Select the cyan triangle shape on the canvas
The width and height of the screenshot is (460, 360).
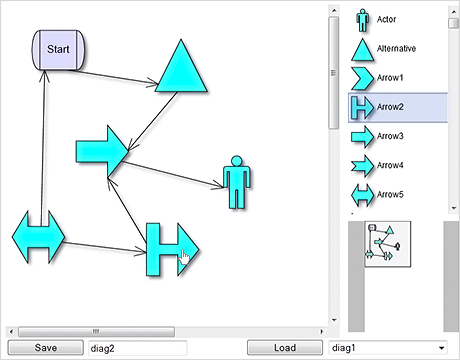click(x=182, y=72)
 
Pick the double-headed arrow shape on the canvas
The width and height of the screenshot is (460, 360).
click(x=38, y=238)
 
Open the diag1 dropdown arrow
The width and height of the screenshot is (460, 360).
click(x=441, y=347)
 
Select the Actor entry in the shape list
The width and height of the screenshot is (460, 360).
click(x=385, y=19)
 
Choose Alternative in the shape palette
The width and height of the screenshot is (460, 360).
click(x=395, y=48)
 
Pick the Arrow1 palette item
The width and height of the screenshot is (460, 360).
click(x=390, y=77)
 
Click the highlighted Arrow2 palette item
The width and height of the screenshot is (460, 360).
click(x=390, y=106)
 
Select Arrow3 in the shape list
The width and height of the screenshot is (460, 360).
click(x=390, y=135)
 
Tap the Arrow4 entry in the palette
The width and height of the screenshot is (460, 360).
click(x=390, y=164)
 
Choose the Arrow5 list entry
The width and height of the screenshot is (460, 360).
click(x=390, y=193)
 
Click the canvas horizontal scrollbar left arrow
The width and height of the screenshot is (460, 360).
click(x=11, y=330)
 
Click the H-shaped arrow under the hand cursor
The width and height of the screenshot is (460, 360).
click(x=168, y=250)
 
